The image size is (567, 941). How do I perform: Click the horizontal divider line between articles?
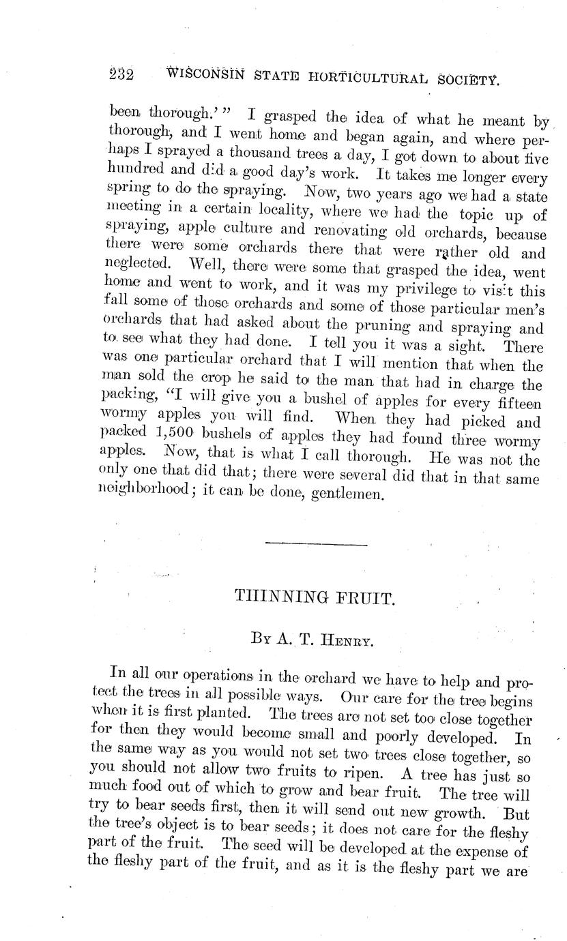tap(316, 543)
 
